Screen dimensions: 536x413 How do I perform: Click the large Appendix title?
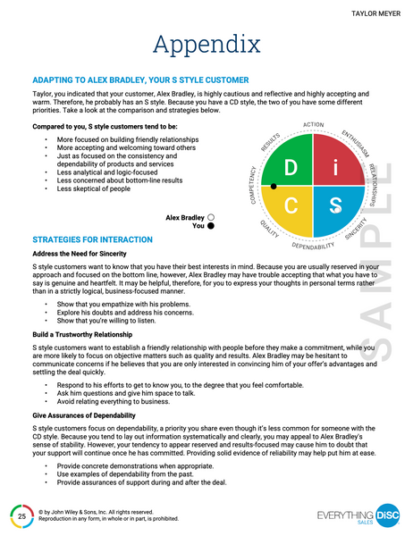pos(206,44)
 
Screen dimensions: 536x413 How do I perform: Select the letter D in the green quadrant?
pos(291,169)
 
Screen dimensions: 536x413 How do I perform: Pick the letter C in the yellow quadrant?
pos(291,206)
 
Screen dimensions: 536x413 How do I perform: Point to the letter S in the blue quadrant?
pos(333,206)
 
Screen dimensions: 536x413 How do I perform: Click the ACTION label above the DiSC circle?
pos(313,124)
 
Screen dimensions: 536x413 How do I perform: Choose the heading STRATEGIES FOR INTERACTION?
pos(92,240)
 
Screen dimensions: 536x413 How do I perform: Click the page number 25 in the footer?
pos(21,515)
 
